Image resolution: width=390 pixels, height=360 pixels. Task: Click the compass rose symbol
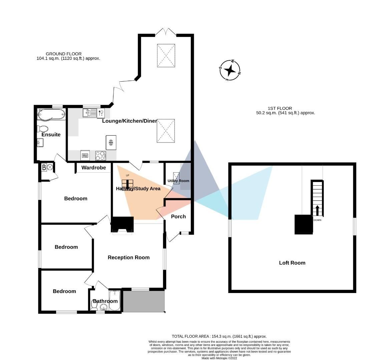click(230, 70)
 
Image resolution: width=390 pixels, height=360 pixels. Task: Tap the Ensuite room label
click(51, 135)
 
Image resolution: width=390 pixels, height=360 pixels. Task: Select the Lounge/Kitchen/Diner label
click(129, 121)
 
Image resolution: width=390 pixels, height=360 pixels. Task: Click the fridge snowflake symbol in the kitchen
click(111, 143)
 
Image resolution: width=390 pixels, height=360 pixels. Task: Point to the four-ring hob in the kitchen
click(100, 156)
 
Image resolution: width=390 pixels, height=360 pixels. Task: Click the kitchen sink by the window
click(90, 113)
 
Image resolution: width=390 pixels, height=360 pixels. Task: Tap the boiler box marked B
click(44, 167)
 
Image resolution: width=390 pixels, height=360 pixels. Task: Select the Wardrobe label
click(93, 168)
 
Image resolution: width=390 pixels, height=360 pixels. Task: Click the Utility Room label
click(178, 181)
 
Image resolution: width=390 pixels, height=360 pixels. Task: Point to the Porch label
click(178, 217)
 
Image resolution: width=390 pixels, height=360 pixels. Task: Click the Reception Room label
click(128, 257)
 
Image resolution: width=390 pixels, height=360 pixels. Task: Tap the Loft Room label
click(292, 263)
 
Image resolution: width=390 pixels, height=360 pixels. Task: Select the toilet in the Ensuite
click(43, 128)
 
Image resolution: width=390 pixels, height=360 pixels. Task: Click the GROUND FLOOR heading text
click(63, 54)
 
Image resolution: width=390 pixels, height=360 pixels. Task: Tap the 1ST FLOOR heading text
click(280, 108)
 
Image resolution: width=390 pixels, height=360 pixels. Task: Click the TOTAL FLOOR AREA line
click(219, 336)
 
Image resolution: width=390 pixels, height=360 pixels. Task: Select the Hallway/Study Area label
click(138, 189)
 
